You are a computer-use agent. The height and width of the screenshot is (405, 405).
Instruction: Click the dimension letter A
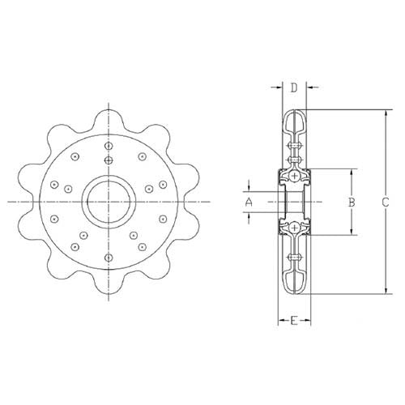249,200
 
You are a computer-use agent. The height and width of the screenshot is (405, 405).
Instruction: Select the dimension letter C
386,202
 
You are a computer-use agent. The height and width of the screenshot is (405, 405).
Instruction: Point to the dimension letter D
294,87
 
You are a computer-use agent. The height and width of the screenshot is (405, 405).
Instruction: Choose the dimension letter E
293,322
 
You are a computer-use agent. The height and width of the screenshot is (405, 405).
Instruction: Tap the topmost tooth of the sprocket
106,112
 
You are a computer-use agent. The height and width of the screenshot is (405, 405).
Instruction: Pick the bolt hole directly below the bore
106,257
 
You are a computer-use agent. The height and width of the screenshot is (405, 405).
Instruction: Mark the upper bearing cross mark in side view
294,175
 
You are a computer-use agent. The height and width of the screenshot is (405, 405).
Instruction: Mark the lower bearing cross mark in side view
294,228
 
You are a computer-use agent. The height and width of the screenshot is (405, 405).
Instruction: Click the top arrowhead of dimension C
386,112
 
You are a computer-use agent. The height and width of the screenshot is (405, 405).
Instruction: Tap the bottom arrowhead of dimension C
386,292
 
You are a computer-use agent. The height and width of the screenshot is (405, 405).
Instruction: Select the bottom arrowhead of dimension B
350,232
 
